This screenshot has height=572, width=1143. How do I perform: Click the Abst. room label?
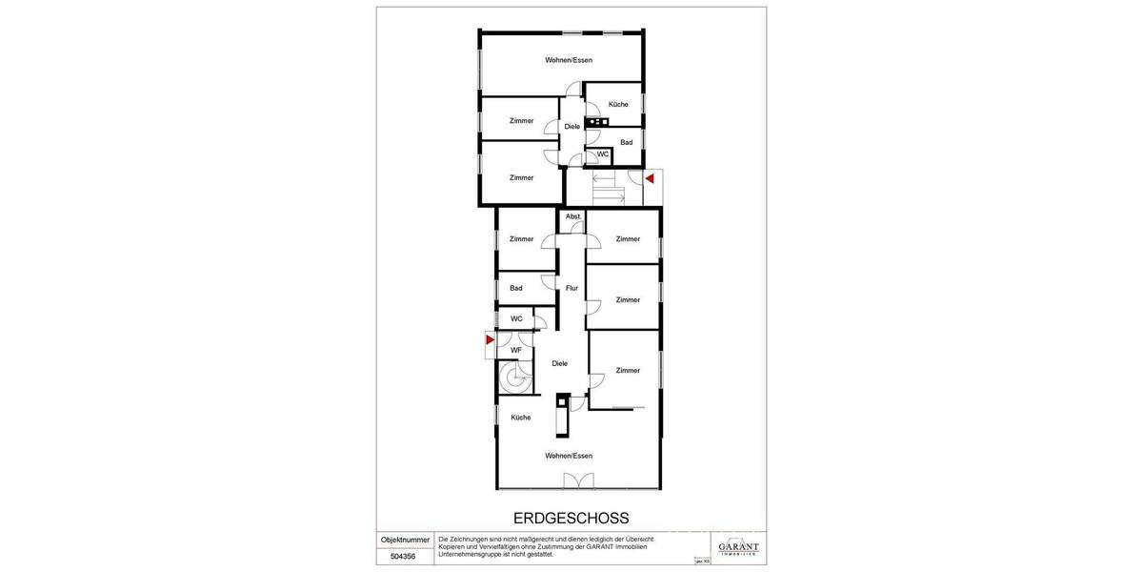point(572,216)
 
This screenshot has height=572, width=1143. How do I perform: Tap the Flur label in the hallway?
point(571,287)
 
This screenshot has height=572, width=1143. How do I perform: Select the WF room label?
point(516,350)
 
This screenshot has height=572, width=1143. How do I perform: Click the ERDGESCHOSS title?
point(571,519)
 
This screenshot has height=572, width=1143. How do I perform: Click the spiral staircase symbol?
point(516,378)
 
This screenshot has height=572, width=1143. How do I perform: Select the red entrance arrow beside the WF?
point(490,339)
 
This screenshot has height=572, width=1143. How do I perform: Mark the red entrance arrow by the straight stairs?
point(650,178)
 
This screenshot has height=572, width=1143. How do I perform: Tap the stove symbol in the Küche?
point(598,122)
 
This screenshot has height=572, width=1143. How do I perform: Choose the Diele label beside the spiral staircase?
point(560,362)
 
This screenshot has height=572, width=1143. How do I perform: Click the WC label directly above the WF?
point(516,318)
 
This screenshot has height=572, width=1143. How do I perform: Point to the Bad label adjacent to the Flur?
point(516,288)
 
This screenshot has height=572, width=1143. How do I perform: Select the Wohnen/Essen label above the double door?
point(569,456)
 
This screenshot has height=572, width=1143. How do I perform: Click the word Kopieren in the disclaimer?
point(453,546)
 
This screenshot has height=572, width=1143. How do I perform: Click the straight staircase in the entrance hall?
point(607,187)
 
